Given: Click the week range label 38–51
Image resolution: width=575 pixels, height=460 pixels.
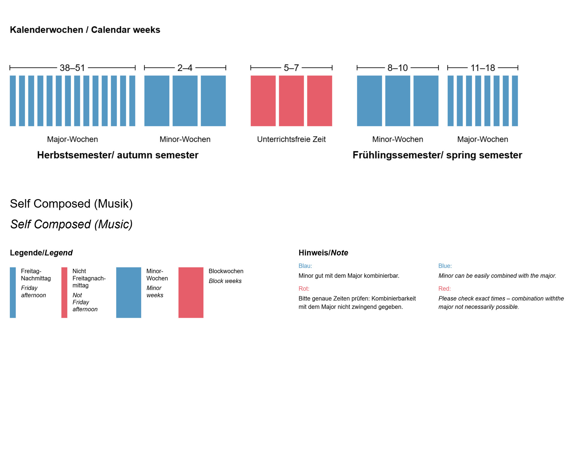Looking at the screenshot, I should point(72,68).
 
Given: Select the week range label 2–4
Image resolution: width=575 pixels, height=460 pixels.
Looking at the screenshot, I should point(185,68).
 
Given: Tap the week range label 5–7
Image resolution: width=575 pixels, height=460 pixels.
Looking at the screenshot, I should point(291,68).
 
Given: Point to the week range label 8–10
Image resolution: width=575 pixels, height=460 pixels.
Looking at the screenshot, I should point(397,68).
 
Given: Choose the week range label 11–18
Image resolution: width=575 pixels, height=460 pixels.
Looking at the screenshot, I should point(482,68).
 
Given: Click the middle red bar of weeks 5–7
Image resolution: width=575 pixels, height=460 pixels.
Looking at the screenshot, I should point(291,101).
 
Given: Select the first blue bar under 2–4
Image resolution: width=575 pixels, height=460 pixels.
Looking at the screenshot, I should point(157,101).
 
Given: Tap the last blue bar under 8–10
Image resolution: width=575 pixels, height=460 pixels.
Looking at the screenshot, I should point(426,101).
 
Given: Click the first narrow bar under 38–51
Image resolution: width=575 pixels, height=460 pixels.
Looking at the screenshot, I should point(13,101).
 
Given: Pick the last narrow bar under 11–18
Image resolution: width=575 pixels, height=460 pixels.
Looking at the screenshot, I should point(515,101).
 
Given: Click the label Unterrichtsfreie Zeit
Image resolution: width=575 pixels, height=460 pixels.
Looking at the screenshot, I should point(291,139).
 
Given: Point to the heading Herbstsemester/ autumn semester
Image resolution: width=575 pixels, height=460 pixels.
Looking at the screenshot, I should point(118,155).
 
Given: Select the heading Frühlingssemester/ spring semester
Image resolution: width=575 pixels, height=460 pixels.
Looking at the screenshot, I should point(437,155).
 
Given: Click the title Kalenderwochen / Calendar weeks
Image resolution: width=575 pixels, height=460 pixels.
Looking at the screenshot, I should point(85,30).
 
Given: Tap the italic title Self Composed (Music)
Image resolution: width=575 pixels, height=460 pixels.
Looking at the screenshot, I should point(71,224).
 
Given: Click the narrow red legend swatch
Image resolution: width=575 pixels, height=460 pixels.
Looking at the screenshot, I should point(64,292).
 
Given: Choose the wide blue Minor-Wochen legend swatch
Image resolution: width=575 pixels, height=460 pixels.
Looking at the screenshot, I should point(128,292).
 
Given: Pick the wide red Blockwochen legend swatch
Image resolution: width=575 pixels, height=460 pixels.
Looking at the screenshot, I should point(191,292).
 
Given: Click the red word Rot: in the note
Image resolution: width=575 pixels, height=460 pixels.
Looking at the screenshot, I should point(304,288).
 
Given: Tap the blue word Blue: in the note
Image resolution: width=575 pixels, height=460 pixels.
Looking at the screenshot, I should point(445,266).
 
